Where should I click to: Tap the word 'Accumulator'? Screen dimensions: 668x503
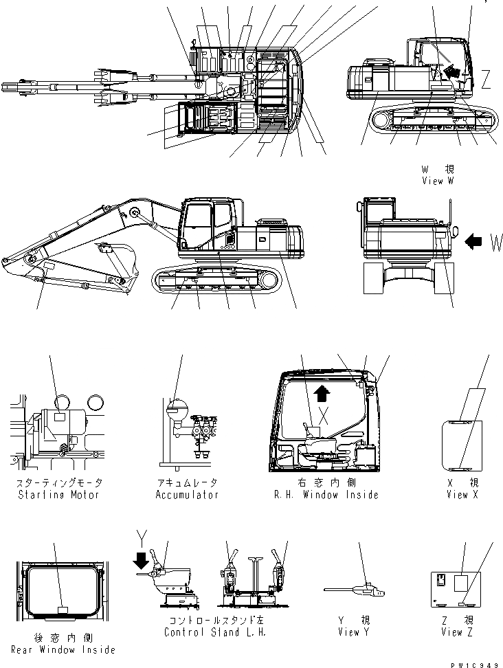[187, 495]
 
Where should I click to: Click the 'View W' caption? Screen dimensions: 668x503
[438, 181]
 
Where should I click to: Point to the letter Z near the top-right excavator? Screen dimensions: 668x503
[486, 81]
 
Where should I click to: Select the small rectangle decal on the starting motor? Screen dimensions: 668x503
[60, 416]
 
